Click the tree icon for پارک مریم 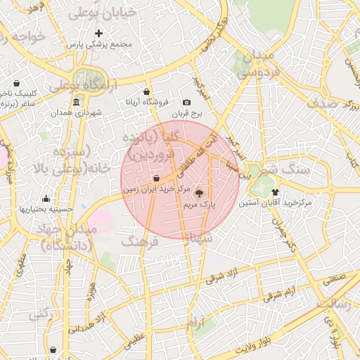(199, 192)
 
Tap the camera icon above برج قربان (186, 103)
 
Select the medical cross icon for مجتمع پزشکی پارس (98, 33)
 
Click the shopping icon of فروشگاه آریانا (146, 91)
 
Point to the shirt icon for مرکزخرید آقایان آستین (274, 191)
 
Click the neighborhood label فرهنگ (140, 241)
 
